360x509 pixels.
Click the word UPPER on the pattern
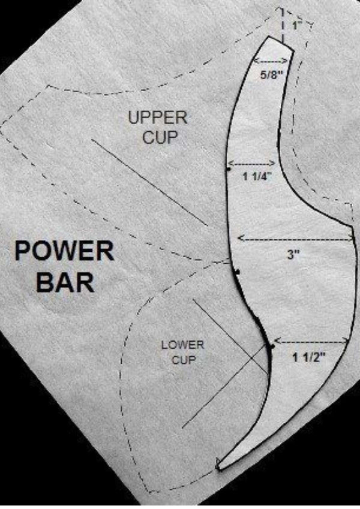[158, 118]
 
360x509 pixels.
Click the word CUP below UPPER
[160, 137]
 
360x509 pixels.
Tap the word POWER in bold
[64, 251]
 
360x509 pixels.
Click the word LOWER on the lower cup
[182, 346]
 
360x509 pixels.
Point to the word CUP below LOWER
[184, 361]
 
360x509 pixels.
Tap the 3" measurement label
[292, 254]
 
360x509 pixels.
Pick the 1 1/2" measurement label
[309, 358]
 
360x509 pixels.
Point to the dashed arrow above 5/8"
[271, 61]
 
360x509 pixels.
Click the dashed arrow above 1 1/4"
[251, 163]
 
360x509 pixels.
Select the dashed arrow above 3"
[294, 238]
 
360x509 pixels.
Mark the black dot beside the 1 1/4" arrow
[229, 170]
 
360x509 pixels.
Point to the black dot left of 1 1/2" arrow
[273, 347]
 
